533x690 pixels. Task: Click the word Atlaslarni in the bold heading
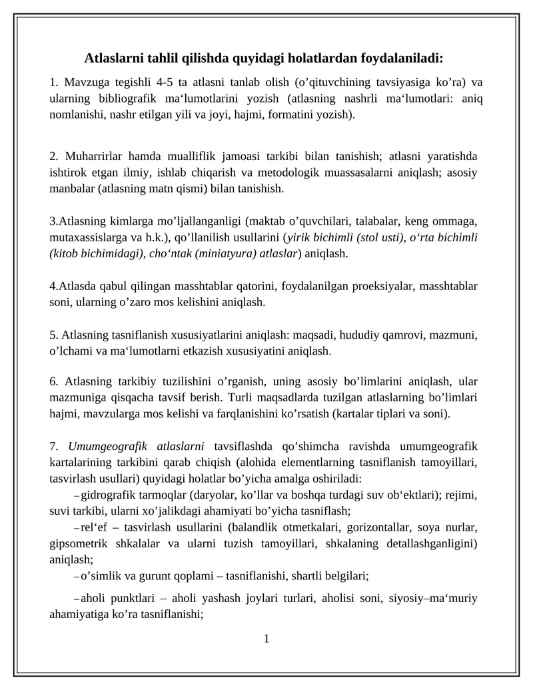(x=113, y=58)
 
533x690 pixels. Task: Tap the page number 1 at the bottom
(x=266, y=639)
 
